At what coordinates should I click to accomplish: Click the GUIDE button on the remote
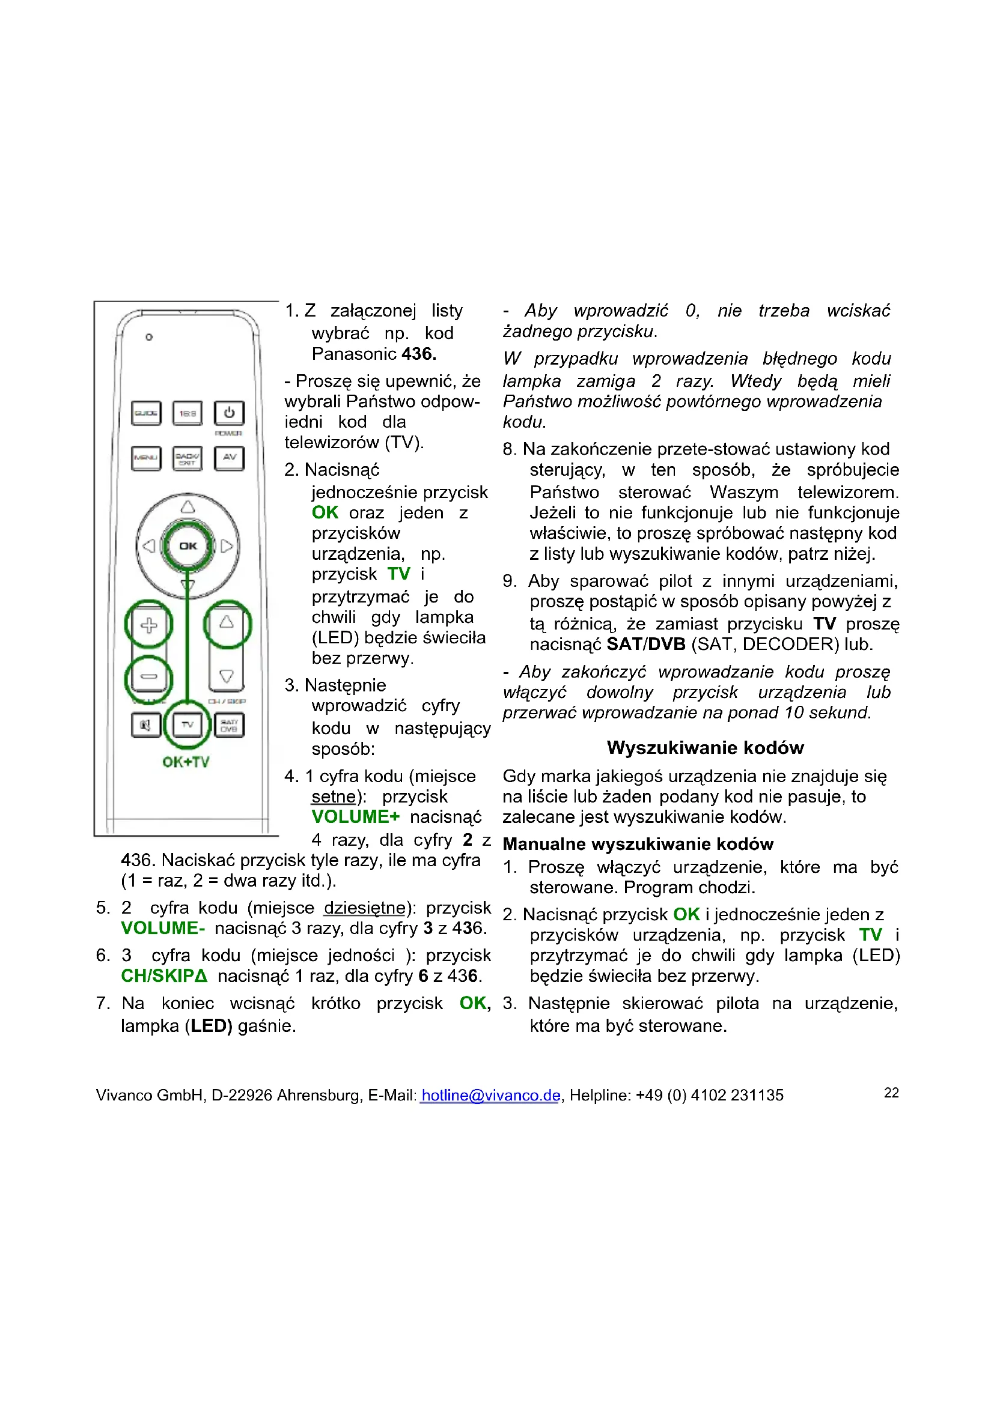point(146,414)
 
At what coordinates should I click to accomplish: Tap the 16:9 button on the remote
point(188,414)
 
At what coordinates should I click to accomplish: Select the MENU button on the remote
point(146,458)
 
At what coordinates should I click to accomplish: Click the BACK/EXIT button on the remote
point(188,458)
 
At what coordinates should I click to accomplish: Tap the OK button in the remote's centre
point(188,546)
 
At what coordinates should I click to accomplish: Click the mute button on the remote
point(145,725)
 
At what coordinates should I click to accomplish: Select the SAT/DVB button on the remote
point(229,725)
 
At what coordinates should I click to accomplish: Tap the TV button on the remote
point(188,725)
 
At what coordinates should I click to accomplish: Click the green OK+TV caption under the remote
point(186,762)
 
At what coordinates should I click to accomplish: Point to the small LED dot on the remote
point(148,337)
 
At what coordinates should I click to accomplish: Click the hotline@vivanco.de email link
point(491,1095)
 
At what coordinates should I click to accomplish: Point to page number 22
point(891,1092)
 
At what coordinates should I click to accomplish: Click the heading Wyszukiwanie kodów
point(705,747)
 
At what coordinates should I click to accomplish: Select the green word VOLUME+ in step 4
point(356,817)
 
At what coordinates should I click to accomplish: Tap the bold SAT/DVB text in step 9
point(645,644)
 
